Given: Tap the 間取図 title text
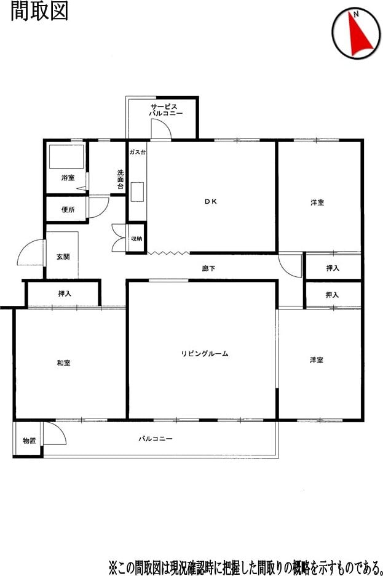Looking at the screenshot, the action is [x=39, y=11].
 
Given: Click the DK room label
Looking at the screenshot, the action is [x=211, y=201].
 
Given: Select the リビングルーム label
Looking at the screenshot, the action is [x=205, y=354].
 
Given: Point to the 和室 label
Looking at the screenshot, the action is [x=63, y=363].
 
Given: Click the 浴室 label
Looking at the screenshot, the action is [x=68, y=178].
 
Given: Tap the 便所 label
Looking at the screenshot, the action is [x=68, y=210].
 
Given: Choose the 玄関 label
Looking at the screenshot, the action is [x=63, y=257].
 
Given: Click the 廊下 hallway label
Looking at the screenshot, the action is [x=208, y=268].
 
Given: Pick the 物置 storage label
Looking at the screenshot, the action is [x=30, y=441].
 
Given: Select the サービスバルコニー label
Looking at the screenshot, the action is [x=165, y=110].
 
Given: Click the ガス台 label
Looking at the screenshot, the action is [x=138, y=152].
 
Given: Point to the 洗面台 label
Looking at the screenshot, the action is [x=120, y=179].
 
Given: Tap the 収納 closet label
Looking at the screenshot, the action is [x=136, y=239].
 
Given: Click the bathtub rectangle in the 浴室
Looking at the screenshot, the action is [x=66, y=157].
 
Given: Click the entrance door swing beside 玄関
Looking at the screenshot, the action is [x=31, y=252].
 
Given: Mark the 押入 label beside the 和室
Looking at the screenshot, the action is [x=65, y=294].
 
